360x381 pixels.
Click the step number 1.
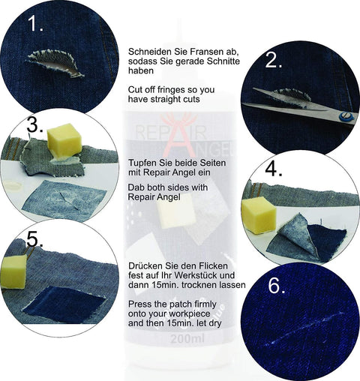(x=35, y=23)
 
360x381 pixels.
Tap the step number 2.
(x=274, y=60)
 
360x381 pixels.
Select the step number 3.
(x=35, y=124)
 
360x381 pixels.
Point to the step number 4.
(x=274, y=169)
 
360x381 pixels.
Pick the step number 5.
(x=35, y=239)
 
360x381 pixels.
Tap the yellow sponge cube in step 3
(x=64, y=141)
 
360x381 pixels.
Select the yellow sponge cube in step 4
(x=259, y=214)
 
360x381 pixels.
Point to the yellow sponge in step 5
(x=13, y=271)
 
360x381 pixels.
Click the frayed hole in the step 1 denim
(x=55, y=63)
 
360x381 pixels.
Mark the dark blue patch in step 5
(x=64, y=304)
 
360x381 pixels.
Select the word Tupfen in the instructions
(x=142, y=163)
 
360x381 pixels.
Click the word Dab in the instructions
(x=136, y=187)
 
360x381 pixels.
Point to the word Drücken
(x=146, y=265)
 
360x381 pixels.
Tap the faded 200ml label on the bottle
(x=187, y=339)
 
